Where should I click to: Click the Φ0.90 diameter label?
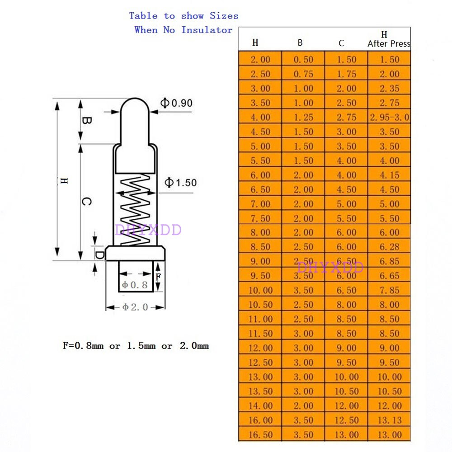pyautogui.click(x=177, y=103)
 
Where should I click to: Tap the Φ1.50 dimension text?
pyautogui.click(x=181, y=183)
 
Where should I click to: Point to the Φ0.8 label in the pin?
pyautogui.click(x=135, y=285)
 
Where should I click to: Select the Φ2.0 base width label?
pyautogui.click(x=135, y=307)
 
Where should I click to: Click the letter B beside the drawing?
pyautogui.click(x=87, y=121)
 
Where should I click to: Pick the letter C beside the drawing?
pyautogui.click(x=87, y=202)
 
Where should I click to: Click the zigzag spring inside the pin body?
pyautogui.click(x=135, y=210)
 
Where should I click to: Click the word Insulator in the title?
pyautogui.click(x=207, y=30)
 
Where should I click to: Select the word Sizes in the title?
pyautogui.click(x=224, y=16)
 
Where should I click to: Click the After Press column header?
pyautogui.click(x=389, y=44)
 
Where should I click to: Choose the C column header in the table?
pyautogui.click(x=341, y=43)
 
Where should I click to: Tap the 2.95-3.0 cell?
pyautogui.click(x=389, y=118)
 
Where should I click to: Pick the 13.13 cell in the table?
pyautogui.click(x=389, y=420)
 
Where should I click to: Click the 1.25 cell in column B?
pyautogui.click(x=303, y=118)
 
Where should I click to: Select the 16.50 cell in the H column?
pyautogui.click(x=260, y=435)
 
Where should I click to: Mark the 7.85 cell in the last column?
pyautogui.click(x=389, y=290)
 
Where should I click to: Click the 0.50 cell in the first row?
pyautogui.click(x=303, y=60)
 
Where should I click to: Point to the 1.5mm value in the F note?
pyautogui.click(x=141, y=346)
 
